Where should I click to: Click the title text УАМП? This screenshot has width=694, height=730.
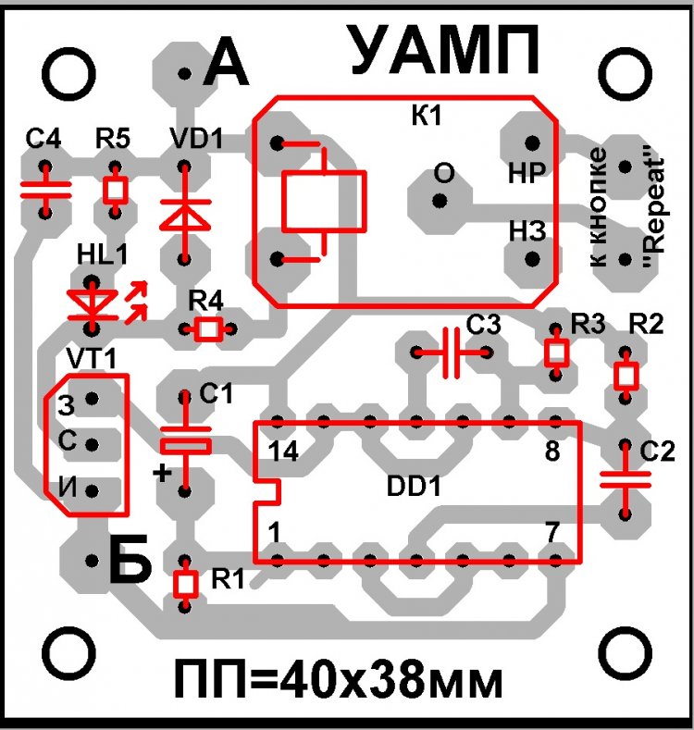(x=444, y=52)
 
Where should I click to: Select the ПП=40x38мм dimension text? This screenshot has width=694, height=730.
(x=338, y=683)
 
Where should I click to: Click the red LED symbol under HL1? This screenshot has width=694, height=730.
(x=93, y=303)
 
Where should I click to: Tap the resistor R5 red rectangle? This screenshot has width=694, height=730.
(x=115, y=190)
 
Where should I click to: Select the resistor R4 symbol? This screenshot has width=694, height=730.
(x=208, y=328)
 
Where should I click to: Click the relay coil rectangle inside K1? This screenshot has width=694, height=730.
(x=322, y=202)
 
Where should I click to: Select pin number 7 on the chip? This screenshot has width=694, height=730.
(x=552, y=533)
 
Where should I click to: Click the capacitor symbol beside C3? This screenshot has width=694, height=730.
(x=452, y=353)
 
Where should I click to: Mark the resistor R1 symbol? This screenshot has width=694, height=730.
(x=186, y=584)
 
